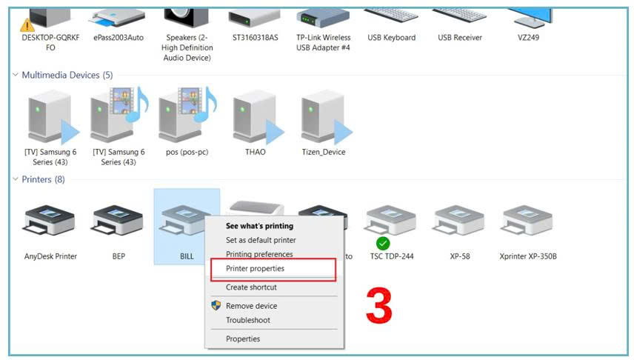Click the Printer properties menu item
point(255,269)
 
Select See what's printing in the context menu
point(259,226)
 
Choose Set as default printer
point(261,240)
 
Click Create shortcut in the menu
point(251,287)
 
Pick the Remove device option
point(252,306)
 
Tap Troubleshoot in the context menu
point(248,320)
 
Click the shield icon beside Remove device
point(216,305)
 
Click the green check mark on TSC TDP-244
point(383,243)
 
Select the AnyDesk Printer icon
point(50,221)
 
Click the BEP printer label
point(119,256)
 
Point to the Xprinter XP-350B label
point(528,256)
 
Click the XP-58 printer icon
point(459,221)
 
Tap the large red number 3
point(379,305)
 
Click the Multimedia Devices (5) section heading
point(67,75)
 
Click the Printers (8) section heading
point(43,179)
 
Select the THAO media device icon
point(258,117)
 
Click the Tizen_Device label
point(324,152)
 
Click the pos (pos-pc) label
point(187,152)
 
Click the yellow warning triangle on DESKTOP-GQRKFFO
point(27,25)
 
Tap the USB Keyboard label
point(391,38)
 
